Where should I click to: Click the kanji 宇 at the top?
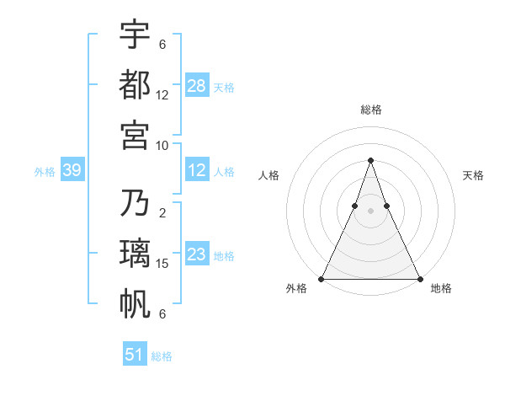pyautogui.click(x=135, y=35)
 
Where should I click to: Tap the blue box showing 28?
pyautogui.click(x=197, y=85)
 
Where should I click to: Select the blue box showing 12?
pyautogui.click(x=197, y=170)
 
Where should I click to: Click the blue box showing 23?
pyautogui.click(x=197, y=254)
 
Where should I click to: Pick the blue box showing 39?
pyautogui.click(x=72, y=170)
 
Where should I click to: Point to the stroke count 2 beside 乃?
pyautogui.click(x=162, y=213)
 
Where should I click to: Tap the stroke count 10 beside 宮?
pyautogui.click(x=162, y=145)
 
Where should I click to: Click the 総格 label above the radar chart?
pyautogui.click(x=370, y=110)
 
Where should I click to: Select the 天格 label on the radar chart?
pyautogui.click(x=474, y=175)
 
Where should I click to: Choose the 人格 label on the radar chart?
pyautogui.click(x=268, y=175)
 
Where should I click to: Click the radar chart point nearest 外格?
pyautogui.click(x=322, y=279)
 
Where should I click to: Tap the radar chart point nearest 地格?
pyautogui.click(x=419, y=279)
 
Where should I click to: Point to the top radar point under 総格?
pyautogui.click(x=370, y=161)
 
